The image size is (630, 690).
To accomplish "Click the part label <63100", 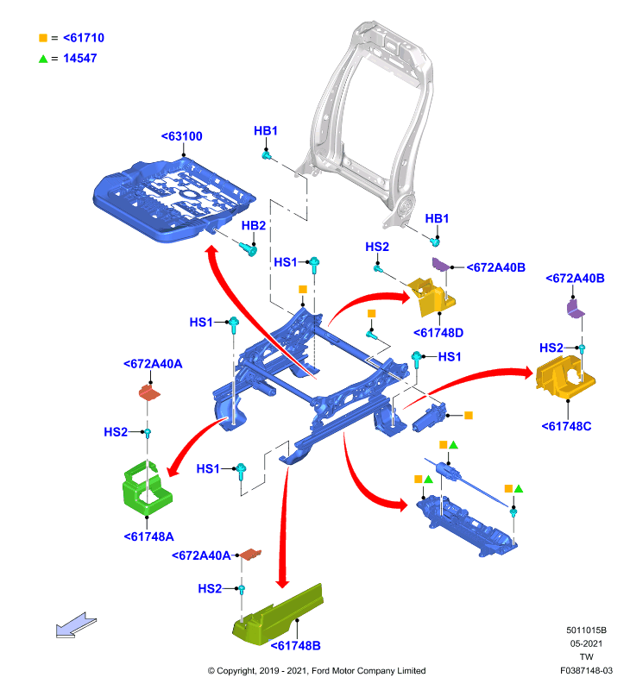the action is point(181,136).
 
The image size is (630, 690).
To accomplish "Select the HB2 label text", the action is point(253,226).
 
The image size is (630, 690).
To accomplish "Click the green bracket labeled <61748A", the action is point(147,488).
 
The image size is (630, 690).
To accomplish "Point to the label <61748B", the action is point(295,645).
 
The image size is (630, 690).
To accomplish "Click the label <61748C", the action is point(566,426).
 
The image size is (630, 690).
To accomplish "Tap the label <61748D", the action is point(438,333).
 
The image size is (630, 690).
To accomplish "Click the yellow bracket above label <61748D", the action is point(432,296).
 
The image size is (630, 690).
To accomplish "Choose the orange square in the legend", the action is point(43,38).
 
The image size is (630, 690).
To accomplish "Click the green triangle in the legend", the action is point(43,59).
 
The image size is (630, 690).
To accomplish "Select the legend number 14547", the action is point(79,59).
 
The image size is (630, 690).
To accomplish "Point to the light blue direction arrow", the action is point(76,624).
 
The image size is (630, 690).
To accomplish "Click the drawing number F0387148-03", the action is point(586,671).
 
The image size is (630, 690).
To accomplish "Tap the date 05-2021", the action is point(586,643).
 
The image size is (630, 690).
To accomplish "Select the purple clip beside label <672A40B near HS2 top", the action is point(441,265).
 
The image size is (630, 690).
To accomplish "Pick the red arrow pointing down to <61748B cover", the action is point(284,528).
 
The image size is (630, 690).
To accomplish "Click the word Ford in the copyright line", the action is point(321,671).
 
